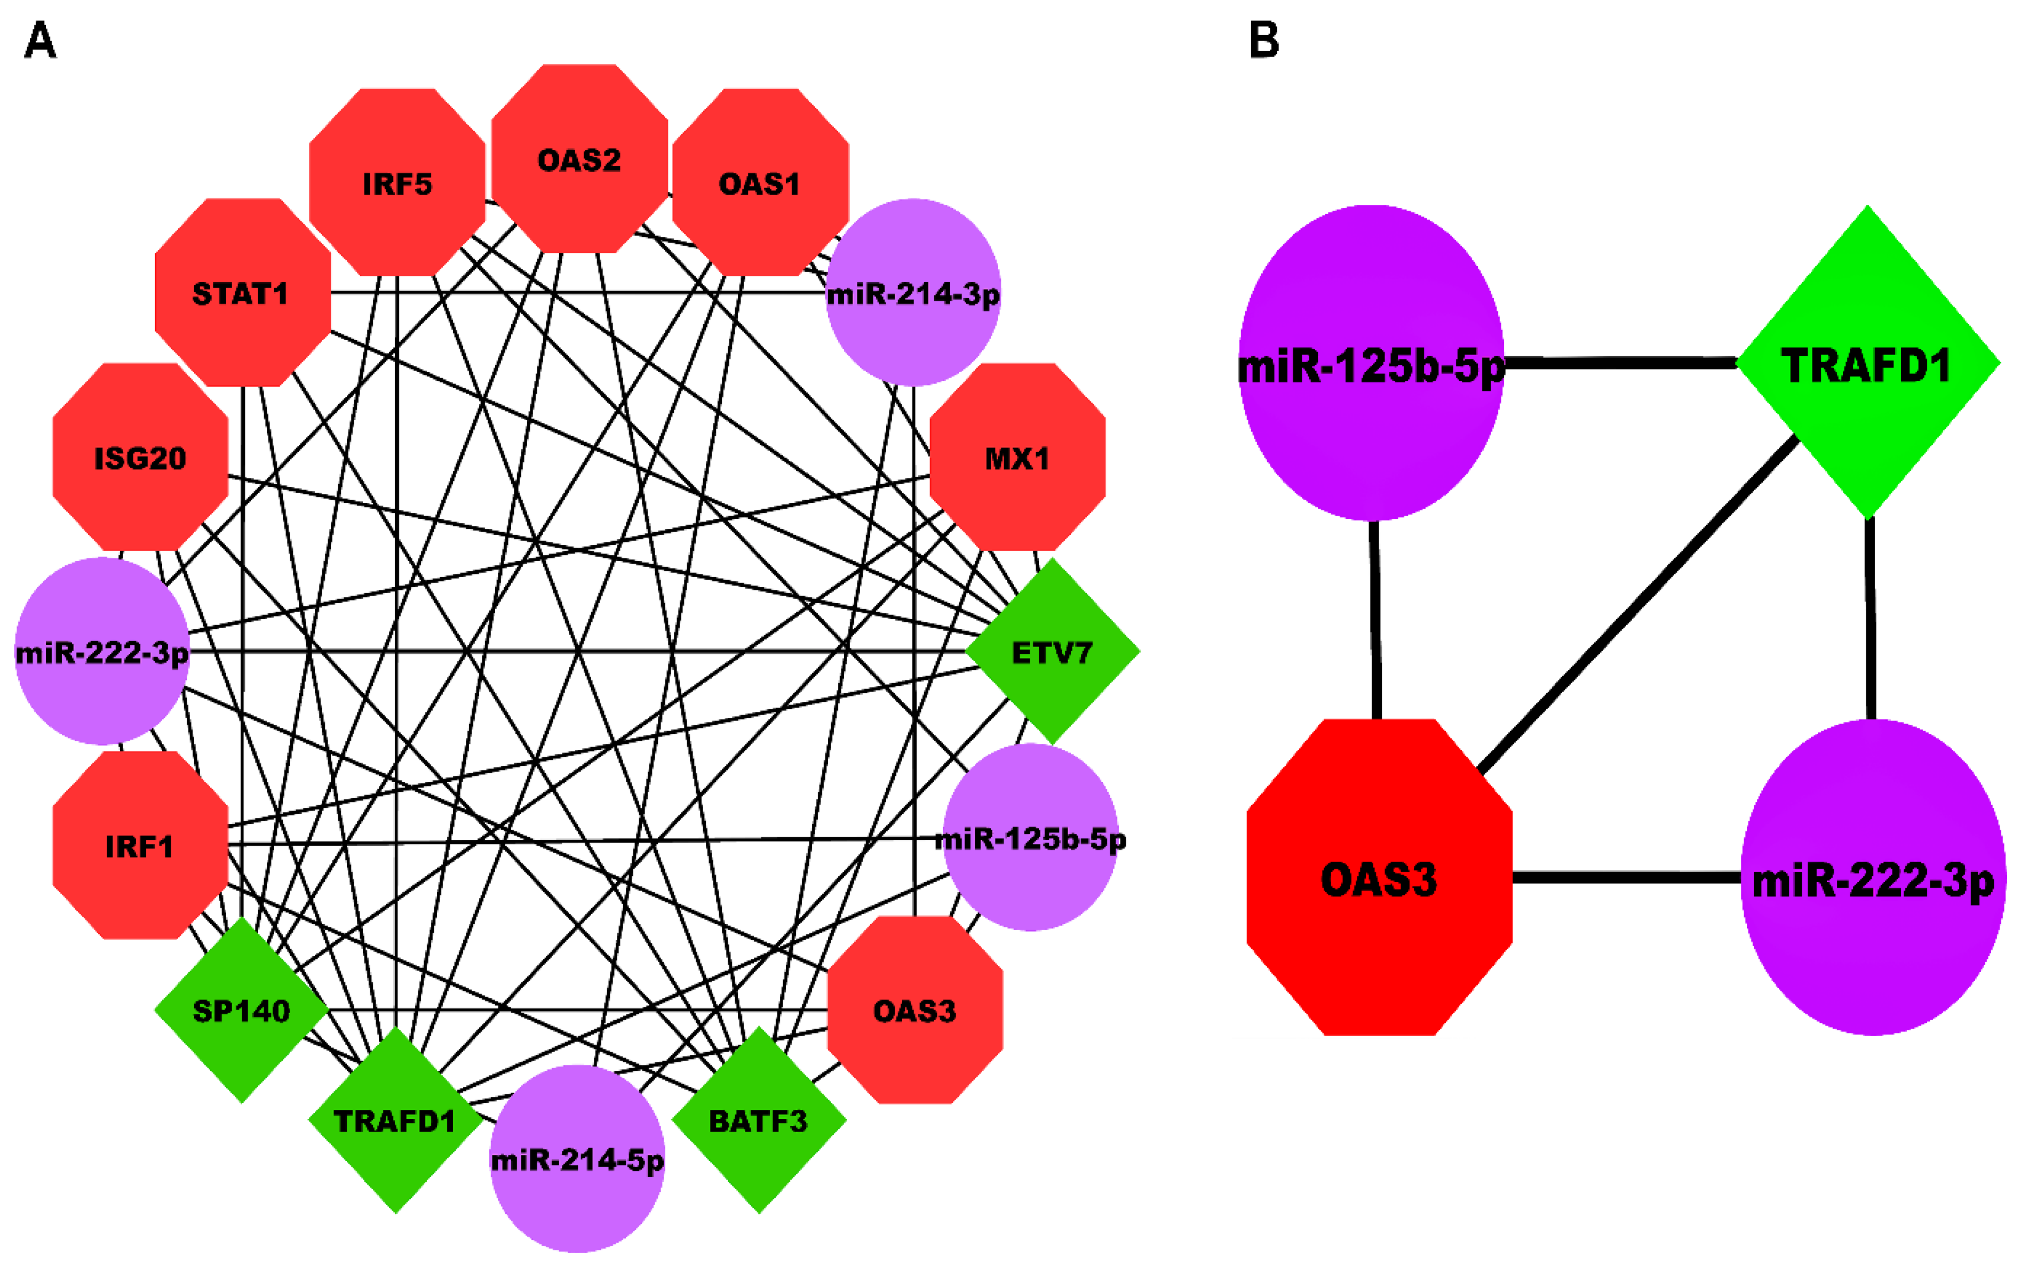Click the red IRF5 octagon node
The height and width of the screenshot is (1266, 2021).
coord(397,182)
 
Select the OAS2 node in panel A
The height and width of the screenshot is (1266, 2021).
coord(579,159)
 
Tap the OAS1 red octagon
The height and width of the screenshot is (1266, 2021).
coord(760,182)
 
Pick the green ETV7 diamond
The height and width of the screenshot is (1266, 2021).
coord(1052,652)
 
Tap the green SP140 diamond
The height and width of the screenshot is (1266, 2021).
coord(241,1010)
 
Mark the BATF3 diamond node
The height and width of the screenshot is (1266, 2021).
coord(759,1120)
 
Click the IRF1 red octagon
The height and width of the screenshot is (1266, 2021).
coord(140,846)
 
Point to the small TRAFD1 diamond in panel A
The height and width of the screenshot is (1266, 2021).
coord(395,1120)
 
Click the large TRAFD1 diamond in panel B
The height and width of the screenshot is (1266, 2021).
coord(1868,363)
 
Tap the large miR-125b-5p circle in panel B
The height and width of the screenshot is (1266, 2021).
coord(1371,363)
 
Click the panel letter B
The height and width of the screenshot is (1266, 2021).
coord(1264,39)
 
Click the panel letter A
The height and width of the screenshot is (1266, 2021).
coord(39,39)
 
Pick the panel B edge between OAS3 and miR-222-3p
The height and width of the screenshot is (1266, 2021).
coord(1627,877)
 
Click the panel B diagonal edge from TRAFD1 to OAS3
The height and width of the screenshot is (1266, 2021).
coord(1637,603)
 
